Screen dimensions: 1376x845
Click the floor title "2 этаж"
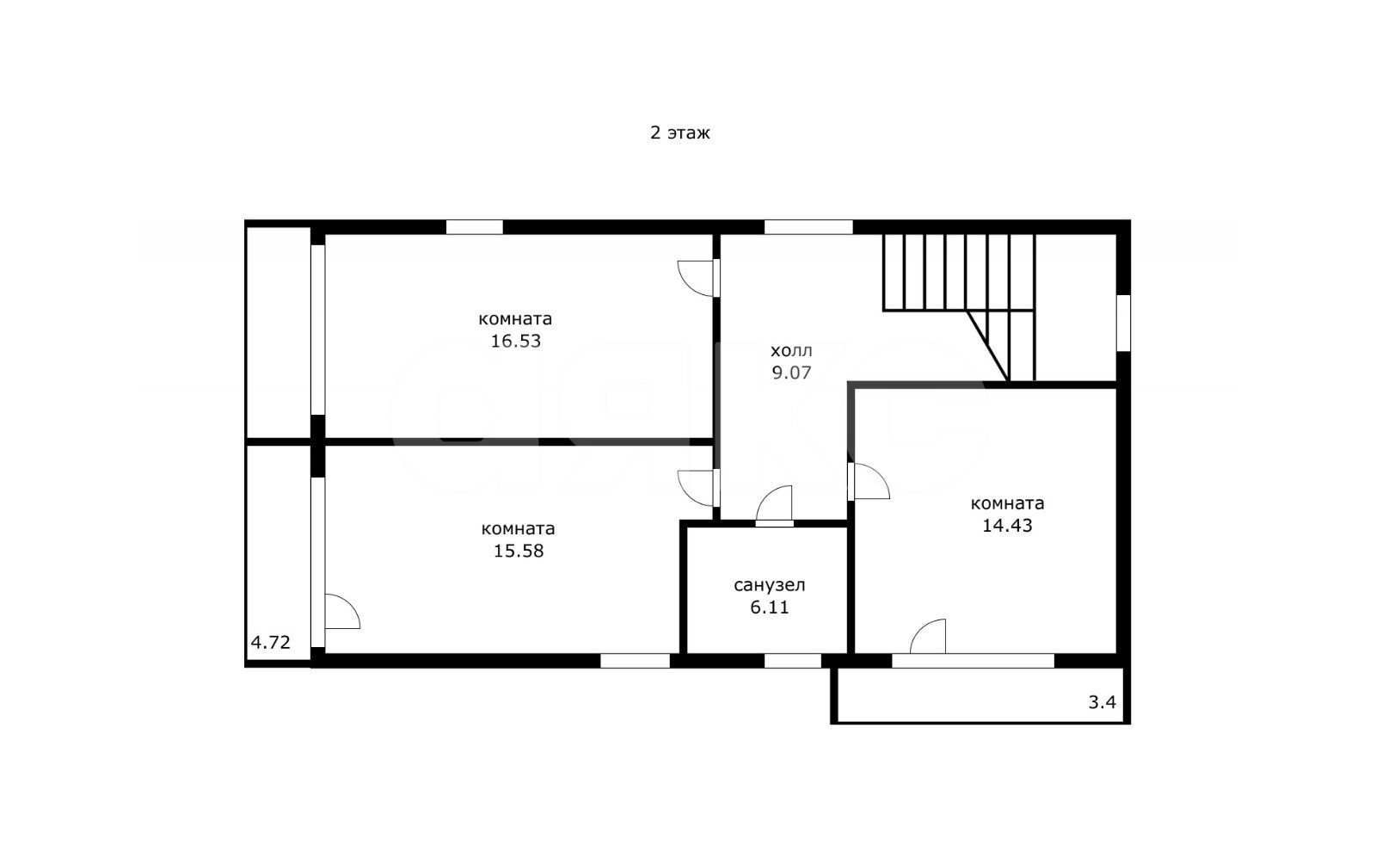point(679,133)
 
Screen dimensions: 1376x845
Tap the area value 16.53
point(515,341)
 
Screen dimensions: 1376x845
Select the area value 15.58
point(519,551)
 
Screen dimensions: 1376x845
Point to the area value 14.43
point(1007,526)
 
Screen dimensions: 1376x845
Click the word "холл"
point(791,351)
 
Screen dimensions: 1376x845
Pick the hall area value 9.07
point(791,373)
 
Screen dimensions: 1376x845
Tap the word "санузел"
point(769,585)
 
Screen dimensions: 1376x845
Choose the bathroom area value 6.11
point(769,608)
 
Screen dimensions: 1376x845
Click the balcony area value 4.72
point(270,642)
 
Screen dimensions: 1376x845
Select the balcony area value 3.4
point(1102,702)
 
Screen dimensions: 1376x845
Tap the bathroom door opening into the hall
point(774,504)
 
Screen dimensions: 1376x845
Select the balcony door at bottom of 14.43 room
point(928,637)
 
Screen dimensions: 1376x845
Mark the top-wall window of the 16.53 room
point(474,227)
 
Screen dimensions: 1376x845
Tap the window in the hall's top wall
point(808,227)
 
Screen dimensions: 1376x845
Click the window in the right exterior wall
point(1123,324)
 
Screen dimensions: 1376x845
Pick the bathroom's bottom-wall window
point(792,661)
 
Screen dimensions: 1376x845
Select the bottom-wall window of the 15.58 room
point(635,661)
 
